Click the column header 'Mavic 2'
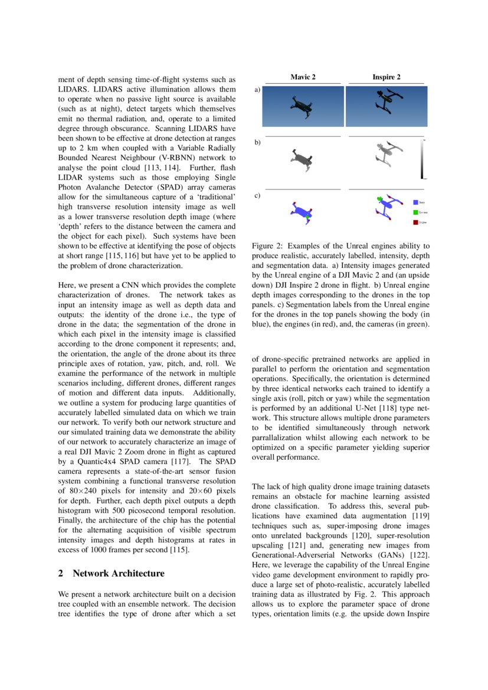[x=303, y=77]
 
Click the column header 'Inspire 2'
[x=387, y=77]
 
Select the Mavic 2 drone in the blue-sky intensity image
[x=304, y=107]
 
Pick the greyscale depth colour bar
[x=423, y=159]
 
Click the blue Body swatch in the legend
[x=415, y=202]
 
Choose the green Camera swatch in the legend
[x=415, y=212]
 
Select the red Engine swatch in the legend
[x=415, y=223]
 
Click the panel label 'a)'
[x=257, y=90]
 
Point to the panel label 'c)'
[x=257, y=195]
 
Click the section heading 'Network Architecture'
[x=119, y=573]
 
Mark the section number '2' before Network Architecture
[x=61, y=573]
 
